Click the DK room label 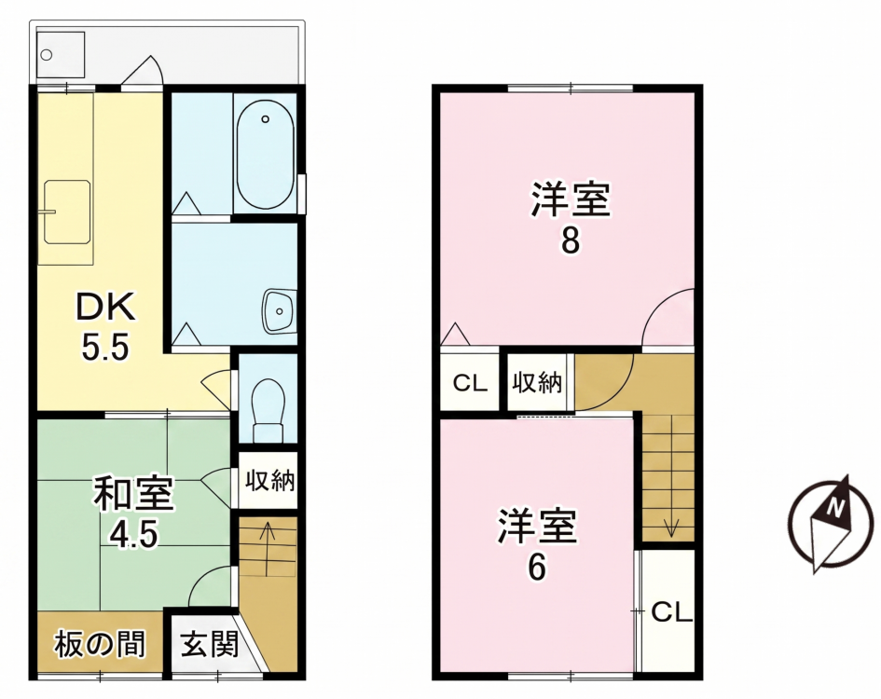[106, 308]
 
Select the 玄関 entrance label [210, 645]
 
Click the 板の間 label [100, 644]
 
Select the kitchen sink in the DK [67, 212]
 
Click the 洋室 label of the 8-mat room [571, 199]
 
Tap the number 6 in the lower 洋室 [537, 568]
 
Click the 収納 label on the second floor [537, 383]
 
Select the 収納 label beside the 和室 [269, 481]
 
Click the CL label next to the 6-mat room [671, 612]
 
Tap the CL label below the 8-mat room [470, 383]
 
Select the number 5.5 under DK [105, 347]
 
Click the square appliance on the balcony [60, 55]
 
